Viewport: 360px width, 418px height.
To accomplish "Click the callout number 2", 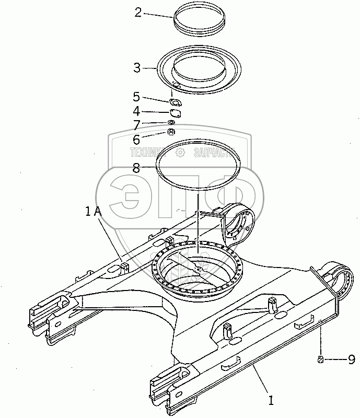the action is tap(138, 13).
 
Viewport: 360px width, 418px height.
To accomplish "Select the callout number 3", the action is tap(137, 68).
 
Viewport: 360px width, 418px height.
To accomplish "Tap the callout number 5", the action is tap(136, 97).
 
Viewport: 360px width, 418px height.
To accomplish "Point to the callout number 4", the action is tap(136, 111).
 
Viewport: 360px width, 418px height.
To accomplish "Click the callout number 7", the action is tap(136, 125).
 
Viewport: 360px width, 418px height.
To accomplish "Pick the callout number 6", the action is tap(136, 140).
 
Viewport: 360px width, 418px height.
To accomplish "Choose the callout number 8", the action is tap(136, 168).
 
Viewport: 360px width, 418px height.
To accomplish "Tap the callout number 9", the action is tap(351, 359).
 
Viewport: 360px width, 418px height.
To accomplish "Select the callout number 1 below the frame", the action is tap(271, 401).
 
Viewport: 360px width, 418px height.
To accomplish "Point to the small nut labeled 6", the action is tap(171, 132).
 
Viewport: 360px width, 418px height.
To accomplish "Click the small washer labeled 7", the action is tap(171, 123).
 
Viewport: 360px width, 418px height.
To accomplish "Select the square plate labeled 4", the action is tap(175, 112).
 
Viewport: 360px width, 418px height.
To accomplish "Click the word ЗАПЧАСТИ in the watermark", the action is tap(213, 153).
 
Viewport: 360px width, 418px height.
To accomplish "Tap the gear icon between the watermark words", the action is tap(181, 153).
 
